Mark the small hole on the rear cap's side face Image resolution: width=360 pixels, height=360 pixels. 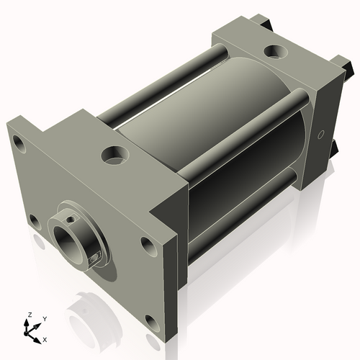click(322, 134)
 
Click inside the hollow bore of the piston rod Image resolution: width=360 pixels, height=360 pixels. click(69, 243)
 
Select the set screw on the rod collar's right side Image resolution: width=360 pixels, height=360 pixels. click(96, 256)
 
